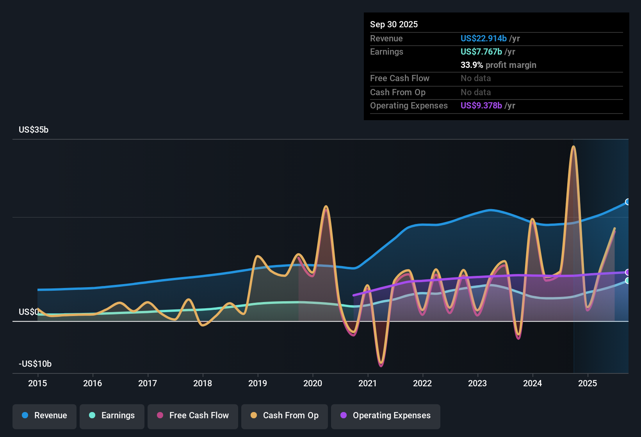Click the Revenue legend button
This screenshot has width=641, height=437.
(45, 416)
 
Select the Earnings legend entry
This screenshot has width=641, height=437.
(112, 416)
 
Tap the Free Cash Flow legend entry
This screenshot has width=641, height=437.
(193, 416)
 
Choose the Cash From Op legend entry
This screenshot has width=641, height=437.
(285, 416)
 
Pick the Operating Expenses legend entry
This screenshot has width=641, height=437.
(386, 416)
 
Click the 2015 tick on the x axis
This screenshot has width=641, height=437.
(37, 383)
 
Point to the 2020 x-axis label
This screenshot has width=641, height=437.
(313, 383)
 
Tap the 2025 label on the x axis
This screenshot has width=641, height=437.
(588, 383)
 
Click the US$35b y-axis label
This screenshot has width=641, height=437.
(34, 130)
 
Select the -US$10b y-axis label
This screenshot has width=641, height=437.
(35, 364)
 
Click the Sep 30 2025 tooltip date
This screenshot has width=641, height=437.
(394, 25)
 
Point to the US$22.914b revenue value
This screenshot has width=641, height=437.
(483, 39)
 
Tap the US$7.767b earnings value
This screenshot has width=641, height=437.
(481, 52)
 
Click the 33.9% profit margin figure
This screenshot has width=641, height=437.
(472, 65)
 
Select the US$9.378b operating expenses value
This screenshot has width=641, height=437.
(481, 106)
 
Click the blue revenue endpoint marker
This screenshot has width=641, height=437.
(628, 202)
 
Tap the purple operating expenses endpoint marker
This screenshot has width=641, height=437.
(628, 272)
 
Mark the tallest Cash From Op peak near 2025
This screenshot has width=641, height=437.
(573, 147)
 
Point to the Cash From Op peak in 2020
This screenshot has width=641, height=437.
(326, 206)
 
